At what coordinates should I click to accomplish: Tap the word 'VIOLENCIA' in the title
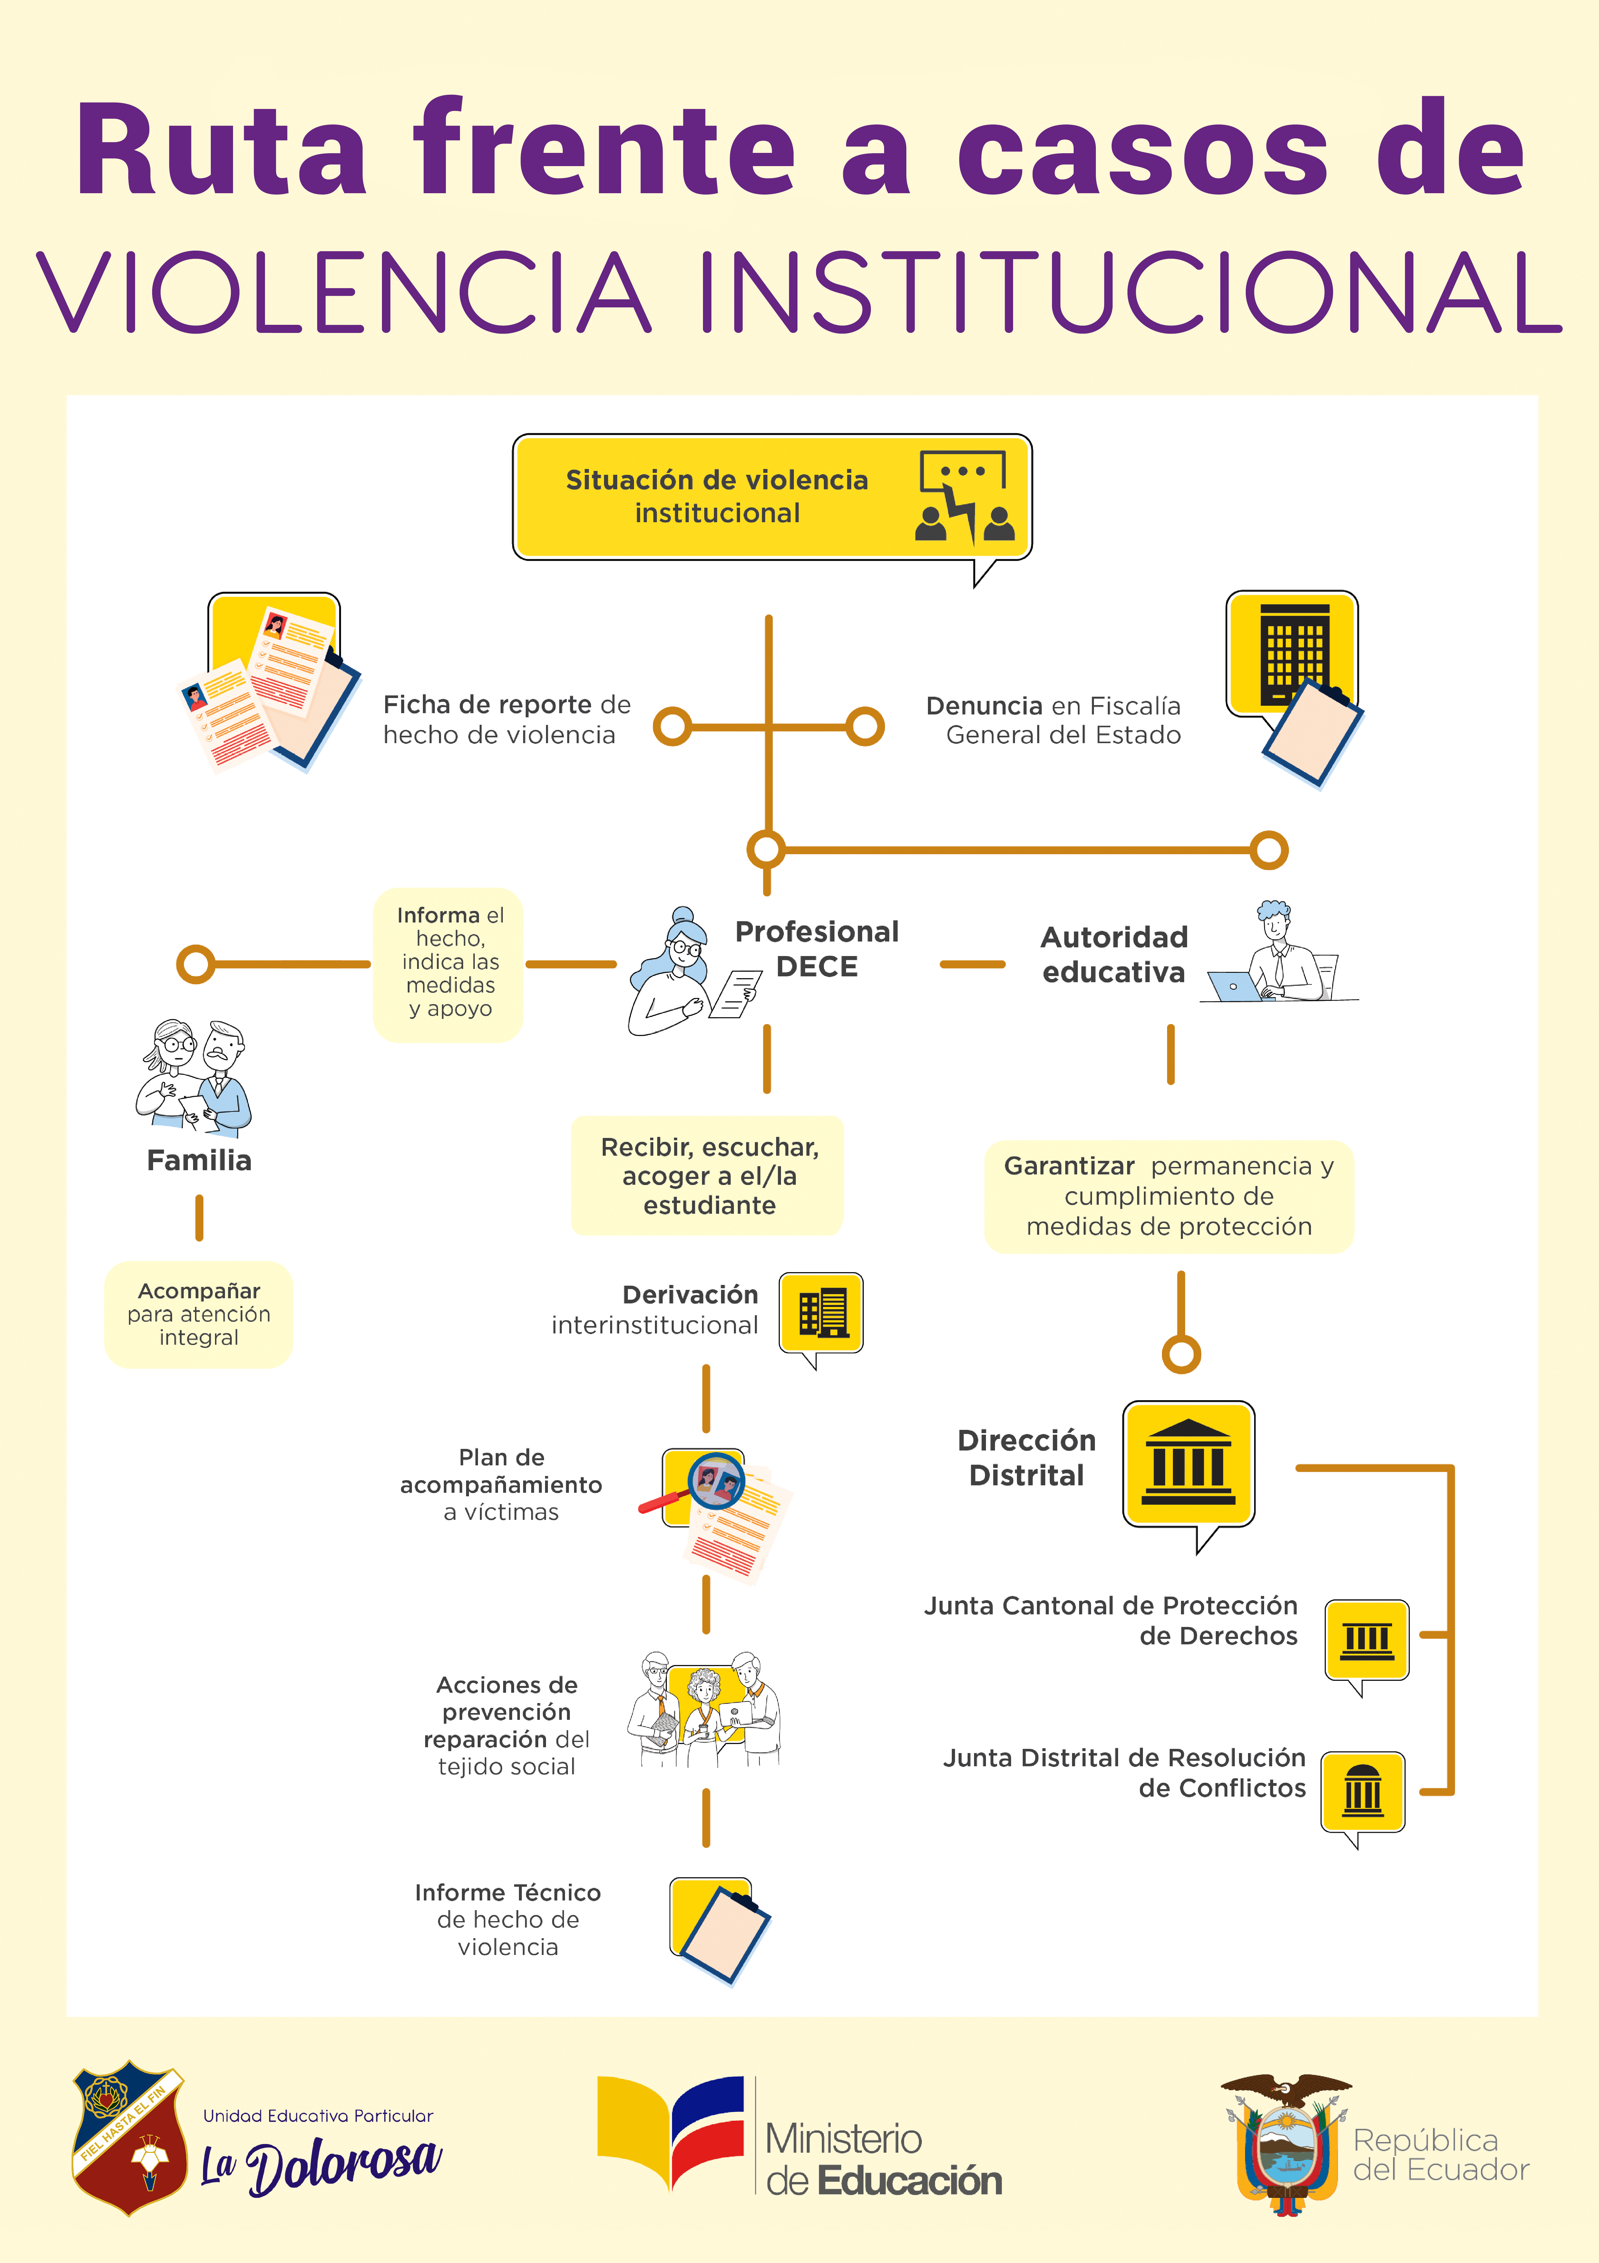click(x=345, y=293)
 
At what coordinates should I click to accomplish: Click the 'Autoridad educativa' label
click(x=1114, y=954)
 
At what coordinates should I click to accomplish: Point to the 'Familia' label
click(x=199, y=1160)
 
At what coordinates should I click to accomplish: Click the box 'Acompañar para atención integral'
click(x=199, y=1314)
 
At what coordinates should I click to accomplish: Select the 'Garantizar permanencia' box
click(x=1169, y=1197)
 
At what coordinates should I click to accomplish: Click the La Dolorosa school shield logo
click(x=129, y=2139)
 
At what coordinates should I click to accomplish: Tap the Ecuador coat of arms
click(x=1285, y=2146)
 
